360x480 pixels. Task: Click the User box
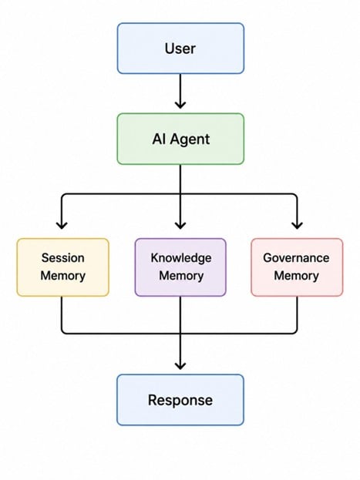[180, 49]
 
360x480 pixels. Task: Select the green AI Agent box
[180, 139]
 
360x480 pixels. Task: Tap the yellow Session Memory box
[62, 267]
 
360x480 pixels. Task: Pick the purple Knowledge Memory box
[180, 267]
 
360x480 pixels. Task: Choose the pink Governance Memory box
[297, 267]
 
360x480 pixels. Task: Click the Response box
[180, 400]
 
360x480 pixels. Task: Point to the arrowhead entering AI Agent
[180, 105]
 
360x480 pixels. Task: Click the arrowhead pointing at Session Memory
[62, 226]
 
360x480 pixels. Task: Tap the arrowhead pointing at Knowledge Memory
[180, 226]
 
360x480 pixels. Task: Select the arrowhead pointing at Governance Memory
[298, 226]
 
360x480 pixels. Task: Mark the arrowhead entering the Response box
[180, 366]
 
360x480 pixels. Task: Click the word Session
[62, 258]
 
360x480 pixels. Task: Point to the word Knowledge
[181, 258]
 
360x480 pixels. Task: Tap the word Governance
[296, 258]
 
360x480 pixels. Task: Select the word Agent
[190, 139]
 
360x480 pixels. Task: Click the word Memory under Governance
[296, 276]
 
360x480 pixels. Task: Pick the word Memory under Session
[62, 276]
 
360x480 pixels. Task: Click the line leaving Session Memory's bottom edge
[62, 315]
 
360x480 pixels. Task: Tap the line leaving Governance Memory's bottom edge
[298, 315]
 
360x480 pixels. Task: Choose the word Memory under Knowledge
[181, 276]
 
